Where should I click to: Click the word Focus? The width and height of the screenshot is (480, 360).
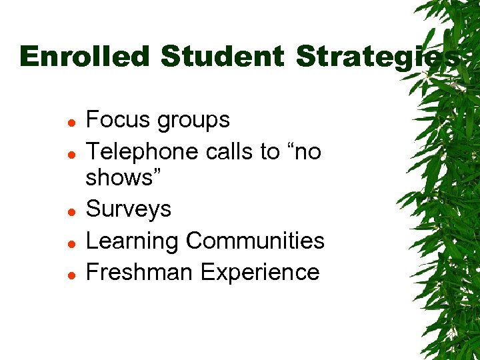tap(117, 120)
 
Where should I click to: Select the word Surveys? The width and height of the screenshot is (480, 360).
tap(129, 209)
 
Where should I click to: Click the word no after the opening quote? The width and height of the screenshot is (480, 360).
tap(309, 153)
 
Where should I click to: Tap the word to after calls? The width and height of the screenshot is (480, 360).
tap(269, 152)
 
